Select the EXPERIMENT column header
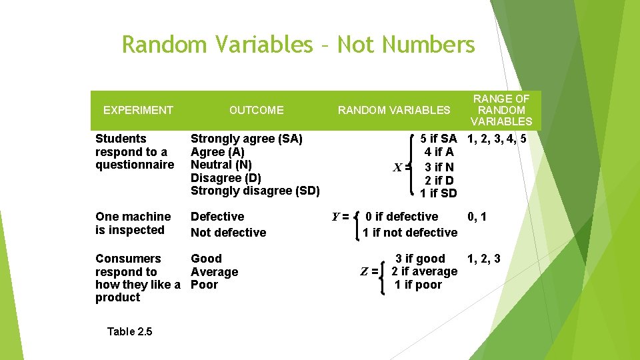pos(138,110)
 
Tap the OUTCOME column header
pos(256,110)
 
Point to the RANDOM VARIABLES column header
pos(394,110)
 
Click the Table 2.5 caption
pos(129,331)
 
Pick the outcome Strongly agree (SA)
pos(246,139)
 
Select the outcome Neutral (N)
pos(221,165)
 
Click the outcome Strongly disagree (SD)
pos(255,191)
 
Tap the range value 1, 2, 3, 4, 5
pos(497,139)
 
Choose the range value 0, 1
pos(477,216)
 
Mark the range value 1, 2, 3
pos(483,259)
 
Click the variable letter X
pos(397,167)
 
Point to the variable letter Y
pos(337,216)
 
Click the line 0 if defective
pos(402,217)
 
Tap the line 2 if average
pos(424,271)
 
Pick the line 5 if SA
pos(438,139)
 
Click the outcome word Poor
pos(204,285)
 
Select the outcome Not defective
pos(228,233)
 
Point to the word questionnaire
pos(134,165)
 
